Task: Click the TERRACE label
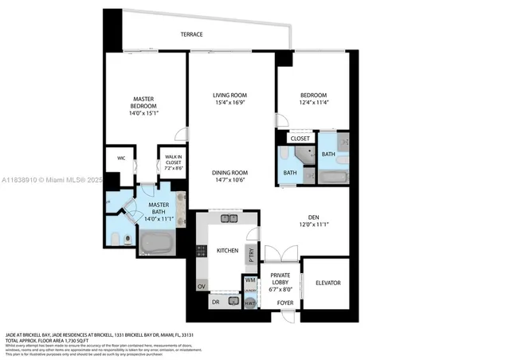click(x=190, y=34)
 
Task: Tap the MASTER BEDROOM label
click(x=143, y=107)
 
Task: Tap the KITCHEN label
click(x=227, y=251)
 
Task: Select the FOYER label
click(x=284, y=303)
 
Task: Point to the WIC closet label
click(x=121, y=158)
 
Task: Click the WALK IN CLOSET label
click(x=173, y=162)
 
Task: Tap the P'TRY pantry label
click(x=250, y=256)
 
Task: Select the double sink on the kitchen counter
click(x=229, y=217)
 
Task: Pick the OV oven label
click(x=201, y=285)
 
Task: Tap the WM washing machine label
click(x=249, y=281)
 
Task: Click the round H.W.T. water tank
click(x=249, y=303)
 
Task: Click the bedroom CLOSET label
click(x=300, y=139)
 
